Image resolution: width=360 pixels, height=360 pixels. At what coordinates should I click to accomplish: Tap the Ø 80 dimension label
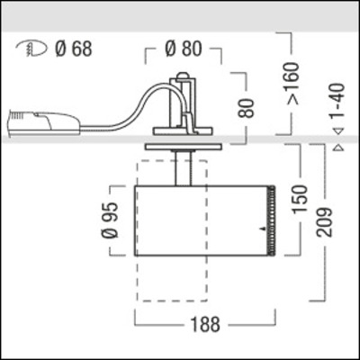(187, 49)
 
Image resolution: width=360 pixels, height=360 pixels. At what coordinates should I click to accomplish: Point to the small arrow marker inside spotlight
(262, 231)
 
